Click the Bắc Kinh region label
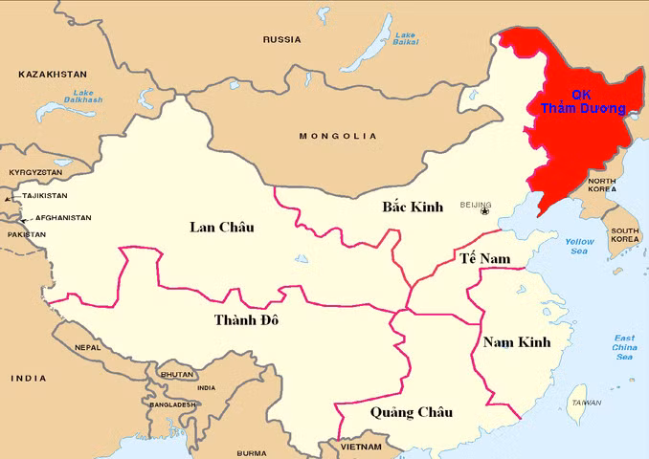point(413,207)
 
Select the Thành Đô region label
point(246,319)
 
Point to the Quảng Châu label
point(411,412)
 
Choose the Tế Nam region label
point(484,259)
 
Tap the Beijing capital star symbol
point(484,211)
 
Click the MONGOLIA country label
point(338,136)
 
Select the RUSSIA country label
point(282,39)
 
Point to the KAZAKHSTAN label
point(53,74)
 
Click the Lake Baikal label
point(405,38)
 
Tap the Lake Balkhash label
point(83,96)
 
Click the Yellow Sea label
point(579,246)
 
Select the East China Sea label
point(624,347)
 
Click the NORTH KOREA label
point(602,185)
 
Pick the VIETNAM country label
point(360,447)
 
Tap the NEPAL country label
point(88,347)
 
